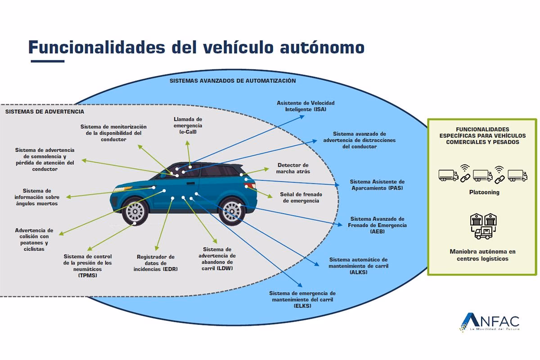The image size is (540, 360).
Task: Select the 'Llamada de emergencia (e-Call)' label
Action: (x=188, y=126)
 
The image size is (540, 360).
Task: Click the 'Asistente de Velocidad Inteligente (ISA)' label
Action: (x=306, y=106)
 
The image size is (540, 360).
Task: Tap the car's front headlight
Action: (x=119, y=190)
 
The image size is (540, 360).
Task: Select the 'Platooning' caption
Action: (x=482, y=192)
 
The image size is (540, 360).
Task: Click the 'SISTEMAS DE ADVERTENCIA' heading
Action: (x=45, y=111)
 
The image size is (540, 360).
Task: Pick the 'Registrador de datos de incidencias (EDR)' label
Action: (x=156, y=263)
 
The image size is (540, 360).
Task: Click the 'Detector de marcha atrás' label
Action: (x=293, y=168)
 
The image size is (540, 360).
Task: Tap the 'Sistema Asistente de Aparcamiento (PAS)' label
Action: (x=377, y=185)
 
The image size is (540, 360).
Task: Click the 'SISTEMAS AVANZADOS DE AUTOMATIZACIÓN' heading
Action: (x=232, y=81)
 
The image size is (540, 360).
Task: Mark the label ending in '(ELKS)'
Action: (x=302, y=299)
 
